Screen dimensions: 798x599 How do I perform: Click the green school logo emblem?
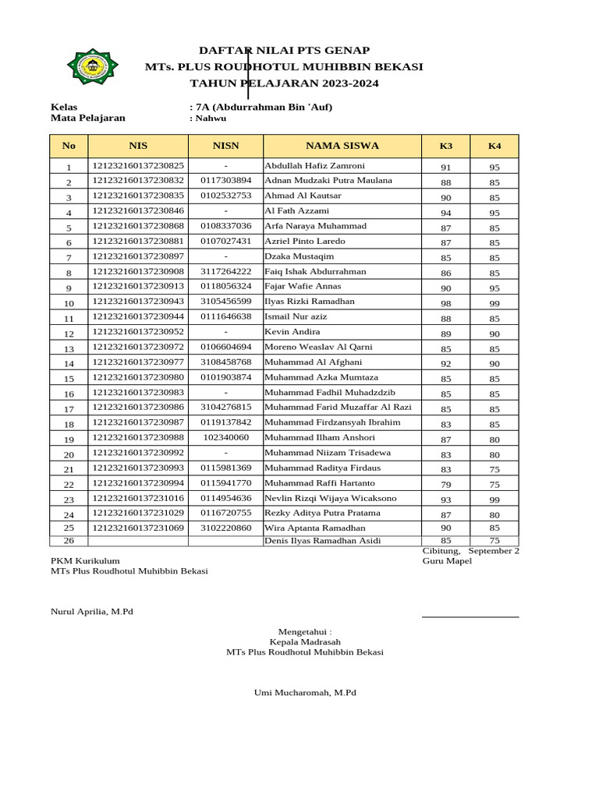click(x=93, y=67)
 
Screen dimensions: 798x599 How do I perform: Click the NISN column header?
click(x=225, y=145)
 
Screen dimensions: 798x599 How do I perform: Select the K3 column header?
click(x=445, y=146)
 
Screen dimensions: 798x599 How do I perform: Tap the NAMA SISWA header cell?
click(x=342, y=145)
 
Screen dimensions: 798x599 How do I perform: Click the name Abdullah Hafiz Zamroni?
click(x=314, y=166)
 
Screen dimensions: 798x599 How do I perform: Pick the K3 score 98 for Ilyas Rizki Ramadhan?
click(x=445, y=303)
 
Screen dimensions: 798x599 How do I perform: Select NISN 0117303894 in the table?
click(x=225, y=181)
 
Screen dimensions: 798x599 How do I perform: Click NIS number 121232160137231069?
click(x=139, y=528)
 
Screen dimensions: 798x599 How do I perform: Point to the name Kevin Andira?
click(x=292, y=332)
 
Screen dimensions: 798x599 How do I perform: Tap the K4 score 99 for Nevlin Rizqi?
click(x=494, y=500)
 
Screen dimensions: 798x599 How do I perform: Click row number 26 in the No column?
click(x=69, y=541)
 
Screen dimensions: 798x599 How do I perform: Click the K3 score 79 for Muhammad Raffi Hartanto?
click(x=445, y=485)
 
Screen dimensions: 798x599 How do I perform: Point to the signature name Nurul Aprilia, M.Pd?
click(x=92, y=611)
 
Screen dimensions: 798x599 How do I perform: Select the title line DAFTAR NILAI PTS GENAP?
click(x=284, y=51)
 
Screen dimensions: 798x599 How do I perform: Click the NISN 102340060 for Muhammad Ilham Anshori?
click(x=225, y=438)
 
